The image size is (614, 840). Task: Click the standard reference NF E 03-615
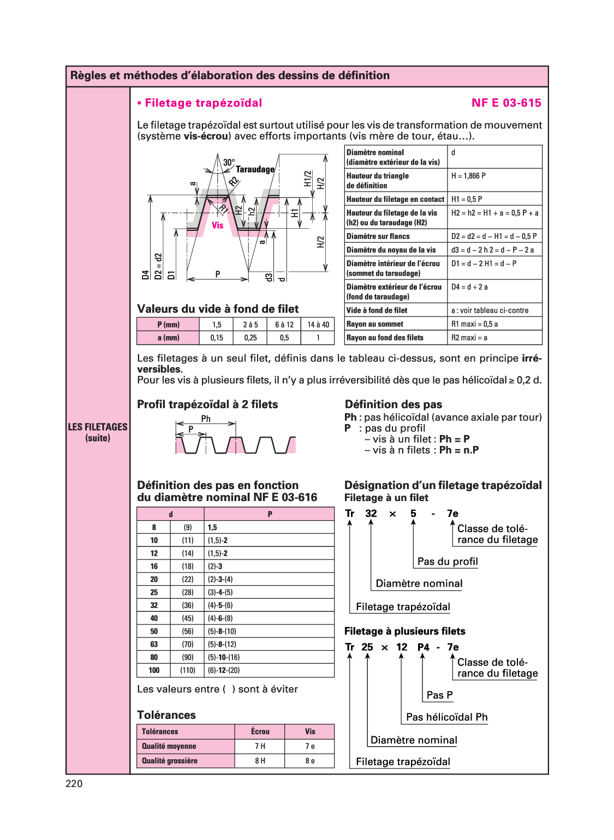[506, 103]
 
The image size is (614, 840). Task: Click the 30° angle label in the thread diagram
[229, 162]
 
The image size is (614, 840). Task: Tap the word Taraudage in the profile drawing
[255, 169]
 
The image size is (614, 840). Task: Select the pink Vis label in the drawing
[217, 225]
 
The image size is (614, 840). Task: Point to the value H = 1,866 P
[468, 176]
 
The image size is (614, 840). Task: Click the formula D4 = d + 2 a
[469, 287]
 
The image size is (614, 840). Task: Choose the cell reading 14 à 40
[318, 324]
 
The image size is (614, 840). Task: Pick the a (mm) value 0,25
[251, 337]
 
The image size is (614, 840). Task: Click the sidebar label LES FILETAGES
[98, 427]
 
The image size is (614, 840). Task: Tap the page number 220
[74, 783]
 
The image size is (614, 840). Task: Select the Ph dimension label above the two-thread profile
[206, 419]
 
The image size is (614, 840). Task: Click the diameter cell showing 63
[154, 644]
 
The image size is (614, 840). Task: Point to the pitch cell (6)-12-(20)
[224, 670]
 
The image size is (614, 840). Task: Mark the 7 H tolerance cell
[260, 746]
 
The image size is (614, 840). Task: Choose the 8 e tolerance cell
[309, 760]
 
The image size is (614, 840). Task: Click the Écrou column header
[260, 731]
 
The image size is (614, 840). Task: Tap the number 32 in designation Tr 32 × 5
[371, 513]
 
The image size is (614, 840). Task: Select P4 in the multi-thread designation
[423, 647]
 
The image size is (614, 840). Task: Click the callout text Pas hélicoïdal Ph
[446, 717]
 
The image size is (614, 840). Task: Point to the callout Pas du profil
[448, 561]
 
